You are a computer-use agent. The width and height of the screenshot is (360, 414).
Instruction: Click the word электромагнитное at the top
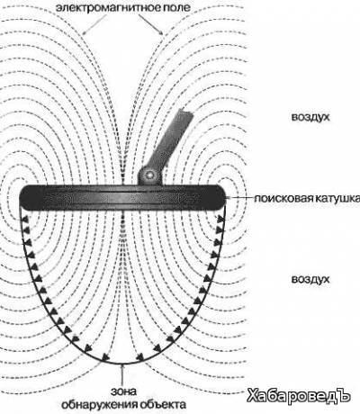point(108,7)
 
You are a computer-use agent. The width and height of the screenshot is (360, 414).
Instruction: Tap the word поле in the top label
point(177,7)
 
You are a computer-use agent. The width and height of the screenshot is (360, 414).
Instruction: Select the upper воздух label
point(310,117)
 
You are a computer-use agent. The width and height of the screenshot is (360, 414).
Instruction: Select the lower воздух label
point(310,280)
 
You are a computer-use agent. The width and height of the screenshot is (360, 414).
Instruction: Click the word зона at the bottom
point(123,391)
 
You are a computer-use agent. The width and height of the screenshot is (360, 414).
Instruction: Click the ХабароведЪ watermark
point(299,396)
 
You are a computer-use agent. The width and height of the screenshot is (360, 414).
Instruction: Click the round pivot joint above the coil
point(150,174)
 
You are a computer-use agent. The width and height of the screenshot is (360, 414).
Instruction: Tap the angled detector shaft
point(170,139)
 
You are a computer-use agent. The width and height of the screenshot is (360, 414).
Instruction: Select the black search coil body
point(122,198)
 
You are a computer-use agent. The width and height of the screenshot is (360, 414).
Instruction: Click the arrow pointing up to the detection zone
point(122,375)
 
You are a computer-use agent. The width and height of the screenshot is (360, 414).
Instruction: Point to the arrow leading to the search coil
point(240,198)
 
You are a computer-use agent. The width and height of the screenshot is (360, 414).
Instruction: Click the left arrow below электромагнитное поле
point(95,24)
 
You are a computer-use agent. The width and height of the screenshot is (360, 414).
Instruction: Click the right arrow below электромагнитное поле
point(151,24)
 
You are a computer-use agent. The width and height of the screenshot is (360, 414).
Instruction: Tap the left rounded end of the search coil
point(24,198)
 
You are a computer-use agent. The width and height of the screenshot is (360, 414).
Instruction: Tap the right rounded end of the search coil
point(220,198)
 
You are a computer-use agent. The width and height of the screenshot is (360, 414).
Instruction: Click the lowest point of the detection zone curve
point(122,364)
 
